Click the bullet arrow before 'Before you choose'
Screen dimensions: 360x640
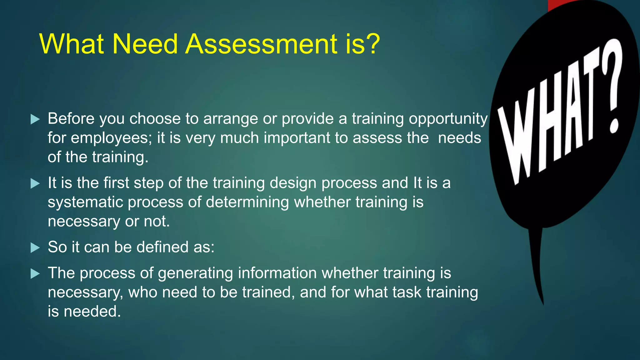[35, 119]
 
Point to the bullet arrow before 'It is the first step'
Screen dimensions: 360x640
[35, 183]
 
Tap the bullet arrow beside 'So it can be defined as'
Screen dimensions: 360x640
[35, 248]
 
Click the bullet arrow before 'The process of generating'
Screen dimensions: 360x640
[35, 274]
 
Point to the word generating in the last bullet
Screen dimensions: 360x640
[195, 273]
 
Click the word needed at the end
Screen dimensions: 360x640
[92, 312]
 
